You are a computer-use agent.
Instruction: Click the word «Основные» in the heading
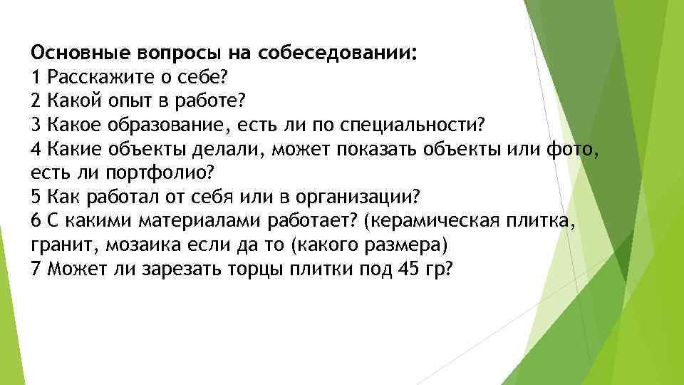coord(81,53)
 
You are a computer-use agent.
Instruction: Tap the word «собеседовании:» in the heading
coord(338,53)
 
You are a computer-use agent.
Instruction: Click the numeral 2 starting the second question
coord(36,101)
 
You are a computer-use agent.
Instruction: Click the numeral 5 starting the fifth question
coord(36,197)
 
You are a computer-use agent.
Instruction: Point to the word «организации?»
coord(358,197)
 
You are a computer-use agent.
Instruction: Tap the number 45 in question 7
coord(408,269)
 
